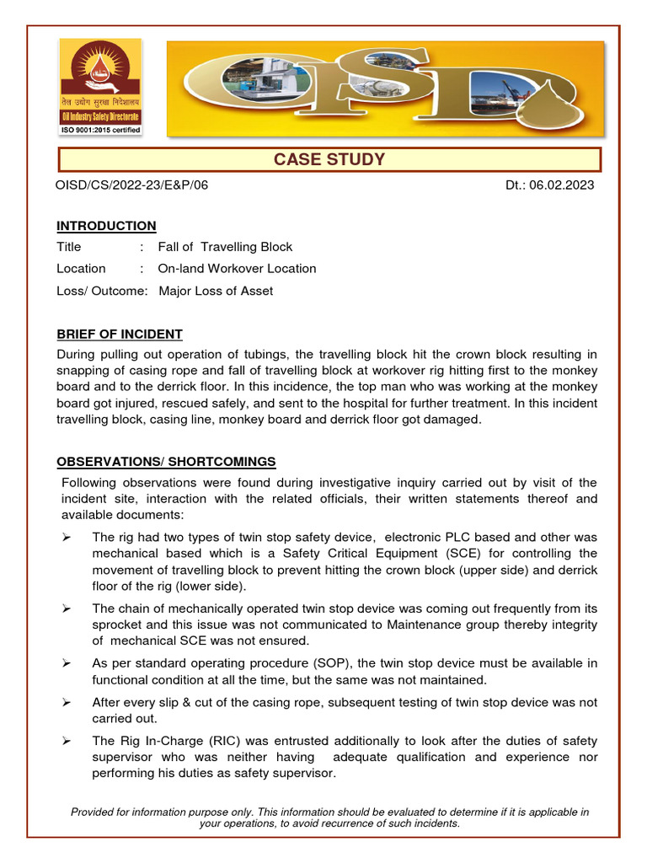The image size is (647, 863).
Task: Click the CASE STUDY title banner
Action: [329, 159]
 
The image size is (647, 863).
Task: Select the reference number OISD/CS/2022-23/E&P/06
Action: [132, 185]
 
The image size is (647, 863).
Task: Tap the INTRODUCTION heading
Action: [106, 226]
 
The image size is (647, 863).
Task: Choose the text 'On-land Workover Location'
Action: [237, 269]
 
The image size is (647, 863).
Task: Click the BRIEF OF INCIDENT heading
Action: [120, 334]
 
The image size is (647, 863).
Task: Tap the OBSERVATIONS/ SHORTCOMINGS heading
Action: [166, 462]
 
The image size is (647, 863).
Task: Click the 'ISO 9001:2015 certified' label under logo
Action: [99, 130]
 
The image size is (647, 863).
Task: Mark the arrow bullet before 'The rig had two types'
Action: [67, 537]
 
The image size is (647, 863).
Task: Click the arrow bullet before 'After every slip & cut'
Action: [67, 702]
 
